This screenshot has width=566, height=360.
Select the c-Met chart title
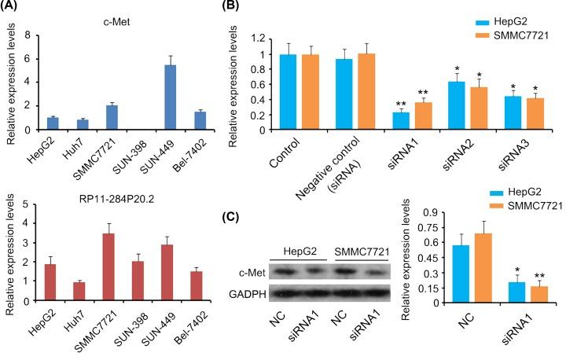click(x=118, y=20)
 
